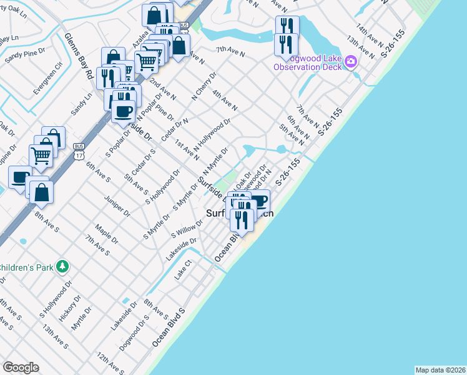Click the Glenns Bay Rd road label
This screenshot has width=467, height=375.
coord(79,56)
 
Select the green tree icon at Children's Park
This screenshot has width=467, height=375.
coord(62,267)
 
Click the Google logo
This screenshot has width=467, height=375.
coord(21,367)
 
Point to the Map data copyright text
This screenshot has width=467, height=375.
coord(440,370)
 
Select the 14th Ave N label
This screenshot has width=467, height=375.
coord(370,33)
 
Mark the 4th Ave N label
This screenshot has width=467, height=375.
coord(225,101)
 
